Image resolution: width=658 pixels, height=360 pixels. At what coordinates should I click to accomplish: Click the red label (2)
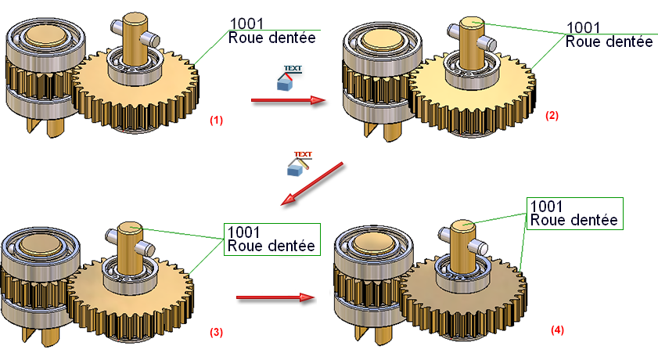(x=552, y=115)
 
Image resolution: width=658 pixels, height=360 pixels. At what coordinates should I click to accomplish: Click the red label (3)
(x=217, y=332)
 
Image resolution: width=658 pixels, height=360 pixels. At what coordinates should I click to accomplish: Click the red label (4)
(x=556, y=330)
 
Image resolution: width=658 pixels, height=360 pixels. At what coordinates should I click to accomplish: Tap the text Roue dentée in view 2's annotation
(x=608, y=41)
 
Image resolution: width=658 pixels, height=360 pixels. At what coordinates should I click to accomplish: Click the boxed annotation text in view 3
(x=272, y=239)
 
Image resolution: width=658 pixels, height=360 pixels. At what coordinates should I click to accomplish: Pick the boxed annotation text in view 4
(x=574, y=213)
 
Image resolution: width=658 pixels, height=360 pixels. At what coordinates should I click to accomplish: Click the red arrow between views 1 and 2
(x=287, y=99)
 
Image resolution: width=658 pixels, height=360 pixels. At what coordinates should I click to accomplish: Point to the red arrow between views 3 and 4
(x=275, y=297)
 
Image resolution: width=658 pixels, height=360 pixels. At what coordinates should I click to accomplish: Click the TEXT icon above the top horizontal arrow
(x=290, y=77)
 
